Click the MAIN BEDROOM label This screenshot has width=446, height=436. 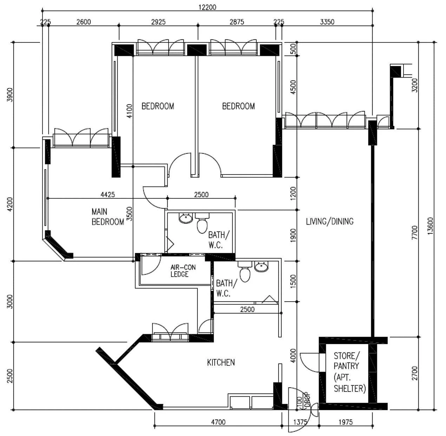tap(107, 217)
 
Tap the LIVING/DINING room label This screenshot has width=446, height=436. tap(329, 221)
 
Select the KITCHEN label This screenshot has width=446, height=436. tap(221, 362)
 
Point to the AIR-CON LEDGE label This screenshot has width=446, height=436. tap(183, 271)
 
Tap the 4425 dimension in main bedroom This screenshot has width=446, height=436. tap(107, 194)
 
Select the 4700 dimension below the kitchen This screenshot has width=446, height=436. tap(218, 422)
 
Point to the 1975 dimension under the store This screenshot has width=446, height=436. tap(346, 422)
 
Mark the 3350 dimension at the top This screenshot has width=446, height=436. tap(327, 22)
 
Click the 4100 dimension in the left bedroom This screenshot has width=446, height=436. tap(129, 111)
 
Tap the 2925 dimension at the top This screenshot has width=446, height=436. tap(158, 22)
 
